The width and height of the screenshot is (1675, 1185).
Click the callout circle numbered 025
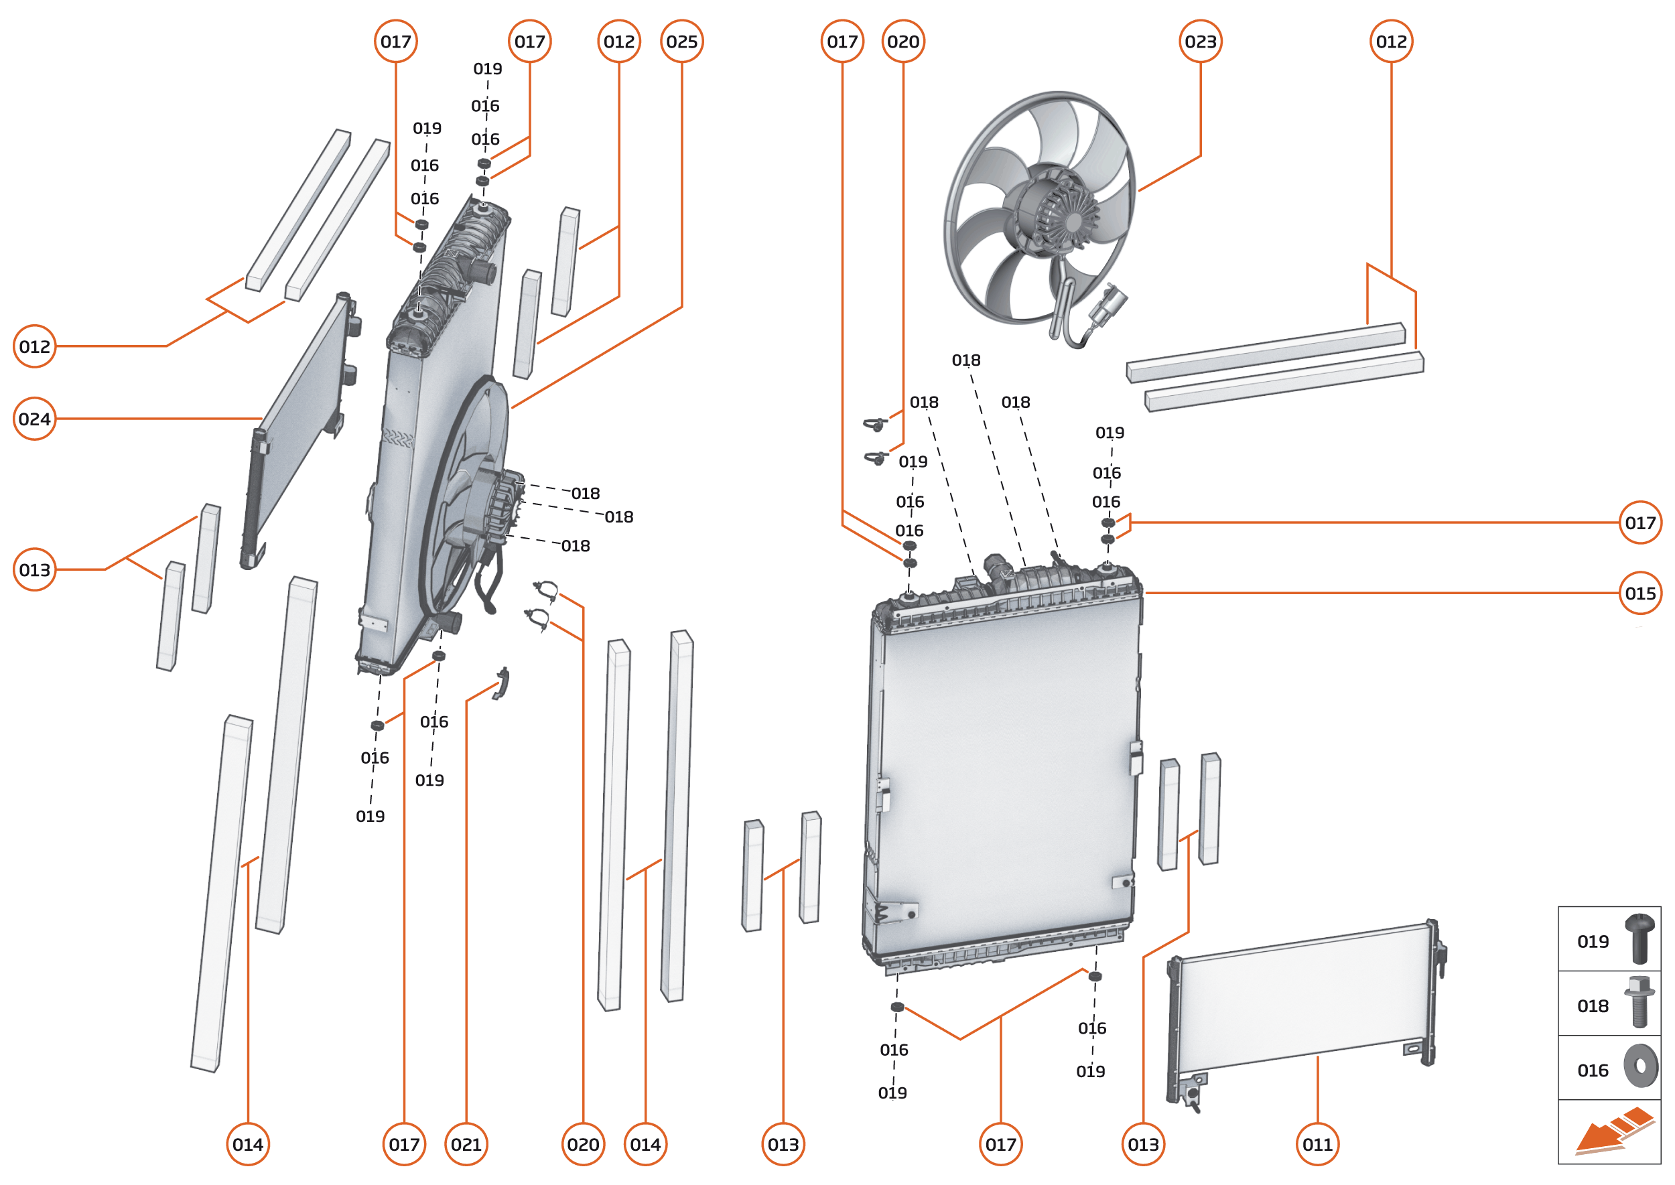pos(681,42)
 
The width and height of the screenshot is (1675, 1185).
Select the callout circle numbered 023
pos(1200,42)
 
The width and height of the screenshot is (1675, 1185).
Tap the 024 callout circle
pos(34,419)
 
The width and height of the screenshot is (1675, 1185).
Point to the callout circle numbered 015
pos(1640,594)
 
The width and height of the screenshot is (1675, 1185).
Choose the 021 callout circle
pos(466,1144)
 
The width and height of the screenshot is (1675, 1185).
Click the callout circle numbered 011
pos(1317,1144)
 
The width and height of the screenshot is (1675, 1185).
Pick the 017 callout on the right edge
pos(1640,522)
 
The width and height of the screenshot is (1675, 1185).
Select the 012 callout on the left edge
pos(34,346)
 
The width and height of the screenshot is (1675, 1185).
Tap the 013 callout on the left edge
pos(34,569)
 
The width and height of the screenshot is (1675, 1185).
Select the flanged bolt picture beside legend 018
pos(1639,1003)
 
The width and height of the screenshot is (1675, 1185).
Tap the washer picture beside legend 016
pos(1640,1067)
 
